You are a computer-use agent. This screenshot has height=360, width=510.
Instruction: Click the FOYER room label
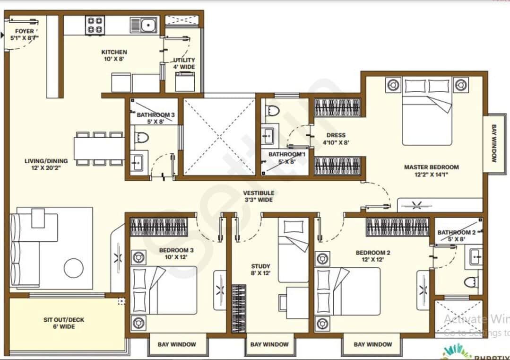click(24, 35)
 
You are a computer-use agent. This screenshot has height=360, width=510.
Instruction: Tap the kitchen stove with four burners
click(95, 25)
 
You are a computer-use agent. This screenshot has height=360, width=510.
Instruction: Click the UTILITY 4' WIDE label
click(184, 63)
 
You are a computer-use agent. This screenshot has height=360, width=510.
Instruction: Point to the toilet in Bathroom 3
click(141, 138)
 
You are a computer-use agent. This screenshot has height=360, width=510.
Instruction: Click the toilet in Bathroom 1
click(273, 111)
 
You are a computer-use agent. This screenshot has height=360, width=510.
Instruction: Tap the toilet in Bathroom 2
click(471, 282)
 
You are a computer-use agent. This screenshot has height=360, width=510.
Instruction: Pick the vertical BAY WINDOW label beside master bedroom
click(494, 143)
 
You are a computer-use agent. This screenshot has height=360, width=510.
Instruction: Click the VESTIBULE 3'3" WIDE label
click(259, 196)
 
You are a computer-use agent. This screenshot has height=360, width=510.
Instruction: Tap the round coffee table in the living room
click(74, 268)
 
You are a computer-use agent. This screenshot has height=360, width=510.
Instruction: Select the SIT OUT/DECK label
click(64, 323)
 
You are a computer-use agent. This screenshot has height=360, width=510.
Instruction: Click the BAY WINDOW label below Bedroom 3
click(177, 344)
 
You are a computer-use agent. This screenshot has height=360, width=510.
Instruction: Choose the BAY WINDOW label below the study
click(269, 344)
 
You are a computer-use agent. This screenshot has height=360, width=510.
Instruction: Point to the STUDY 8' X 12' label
click(260, 270)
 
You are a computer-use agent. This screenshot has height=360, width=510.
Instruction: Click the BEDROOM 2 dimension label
click(373, 256)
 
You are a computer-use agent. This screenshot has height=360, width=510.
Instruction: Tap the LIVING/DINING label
click(46, 164)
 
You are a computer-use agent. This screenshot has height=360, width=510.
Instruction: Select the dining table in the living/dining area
click(100, 149)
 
